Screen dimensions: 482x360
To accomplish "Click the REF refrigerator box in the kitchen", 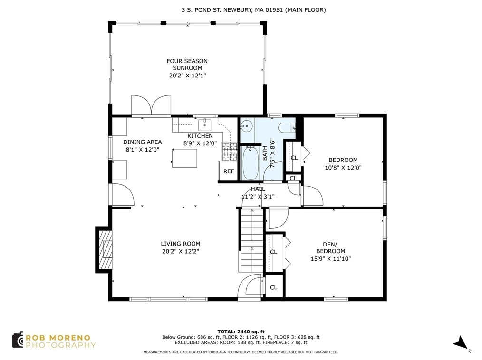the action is (228, 171).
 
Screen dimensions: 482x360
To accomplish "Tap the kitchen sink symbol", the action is (205, 125).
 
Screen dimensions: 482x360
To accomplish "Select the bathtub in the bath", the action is (250, 163).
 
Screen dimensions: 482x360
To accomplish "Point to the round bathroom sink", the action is (247, 126).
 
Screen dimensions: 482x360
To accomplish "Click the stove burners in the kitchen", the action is (229, 152).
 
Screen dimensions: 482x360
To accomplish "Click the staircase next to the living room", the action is (252, 240).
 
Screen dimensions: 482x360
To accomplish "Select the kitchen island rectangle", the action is (184, 158).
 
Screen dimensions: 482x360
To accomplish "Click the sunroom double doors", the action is (151, 105).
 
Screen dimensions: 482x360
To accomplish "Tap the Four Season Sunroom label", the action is (187, 65).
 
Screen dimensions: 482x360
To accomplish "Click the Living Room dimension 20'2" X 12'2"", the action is (181, 251).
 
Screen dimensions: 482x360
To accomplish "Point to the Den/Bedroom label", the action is (331, 247).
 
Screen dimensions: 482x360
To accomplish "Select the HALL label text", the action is (258, 189).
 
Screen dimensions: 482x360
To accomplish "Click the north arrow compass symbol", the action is (462, 343).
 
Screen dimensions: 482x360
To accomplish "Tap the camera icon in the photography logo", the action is (18, 340).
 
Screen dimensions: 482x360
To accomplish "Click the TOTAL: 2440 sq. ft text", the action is (241, 332).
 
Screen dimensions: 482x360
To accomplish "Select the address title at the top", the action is (254, 10).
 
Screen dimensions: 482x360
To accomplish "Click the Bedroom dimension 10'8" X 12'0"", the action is (343, 168).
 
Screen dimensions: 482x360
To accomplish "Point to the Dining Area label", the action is (142, 142).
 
